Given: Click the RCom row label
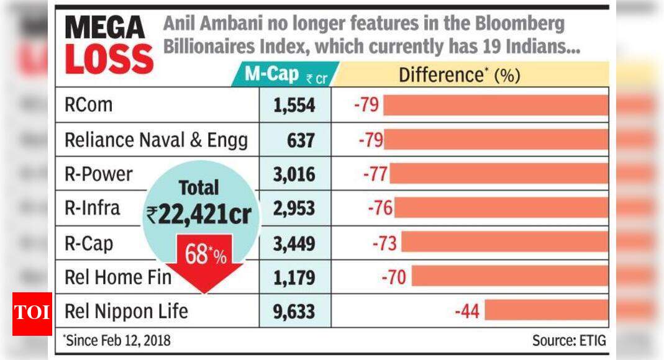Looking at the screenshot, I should click(x=89, y=105).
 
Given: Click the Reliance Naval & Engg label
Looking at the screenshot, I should click(x=156, y=140).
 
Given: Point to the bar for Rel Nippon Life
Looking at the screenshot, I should click(x=546, y=310).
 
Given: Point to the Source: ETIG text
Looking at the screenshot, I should click(x=568, y=340).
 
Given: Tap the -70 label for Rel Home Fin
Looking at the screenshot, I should click(x=393, y=276).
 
